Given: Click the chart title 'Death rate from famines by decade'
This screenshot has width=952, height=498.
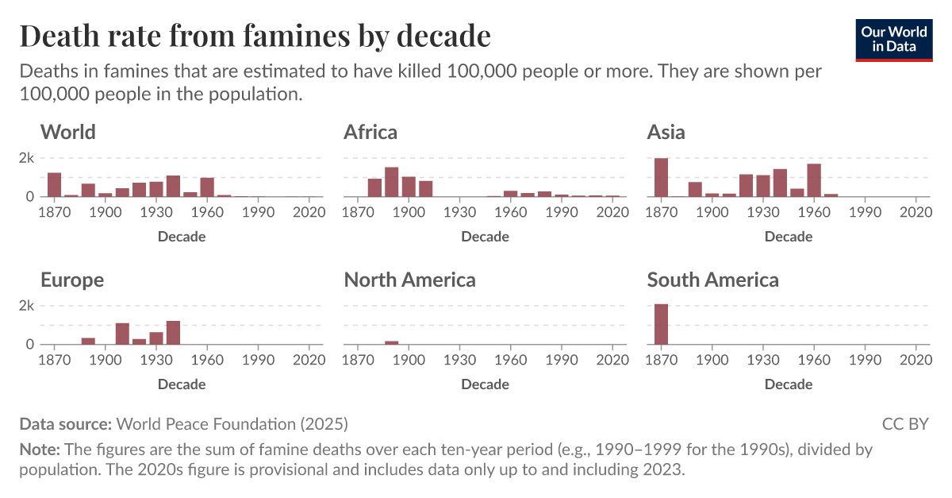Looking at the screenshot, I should point(255,36).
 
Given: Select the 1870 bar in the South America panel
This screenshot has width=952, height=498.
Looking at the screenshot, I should point(661,324).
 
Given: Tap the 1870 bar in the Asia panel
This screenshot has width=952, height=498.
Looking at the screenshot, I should point(661,177).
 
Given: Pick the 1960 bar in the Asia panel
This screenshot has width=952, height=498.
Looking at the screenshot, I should point(814,180).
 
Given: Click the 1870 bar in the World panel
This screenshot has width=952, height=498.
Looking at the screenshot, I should point(54,184).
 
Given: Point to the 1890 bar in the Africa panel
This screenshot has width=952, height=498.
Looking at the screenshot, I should point(391,182).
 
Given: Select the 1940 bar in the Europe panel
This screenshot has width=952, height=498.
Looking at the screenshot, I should point(173,333).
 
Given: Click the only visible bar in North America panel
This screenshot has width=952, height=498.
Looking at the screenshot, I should point(391,342).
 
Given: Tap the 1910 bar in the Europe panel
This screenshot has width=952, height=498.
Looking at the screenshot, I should point(122,334).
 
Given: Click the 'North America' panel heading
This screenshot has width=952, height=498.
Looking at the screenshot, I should point(409,280).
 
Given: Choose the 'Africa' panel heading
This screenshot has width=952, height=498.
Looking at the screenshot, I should point(370,132).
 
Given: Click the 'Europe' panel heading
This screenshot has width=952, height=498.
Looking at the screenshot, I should point(72,280).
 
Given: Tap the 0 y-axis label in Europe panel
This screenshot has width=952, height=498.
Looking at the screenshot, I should point(30,345).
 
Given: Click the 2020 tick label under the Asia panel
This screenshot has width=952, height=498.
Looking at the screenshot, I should point(916,212).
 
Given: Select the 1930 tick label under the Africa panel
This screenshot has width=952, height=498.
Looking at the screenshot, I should point(459,212).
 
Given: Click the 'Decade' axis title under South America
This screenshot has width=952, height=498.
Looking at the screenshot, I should point(789,384).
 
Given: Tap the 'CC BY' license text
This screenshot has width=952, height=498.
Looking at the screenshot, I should point(904,424).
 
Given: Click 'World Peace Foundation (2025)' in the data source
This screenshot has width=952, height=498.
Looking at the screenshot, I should point(232,424).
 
